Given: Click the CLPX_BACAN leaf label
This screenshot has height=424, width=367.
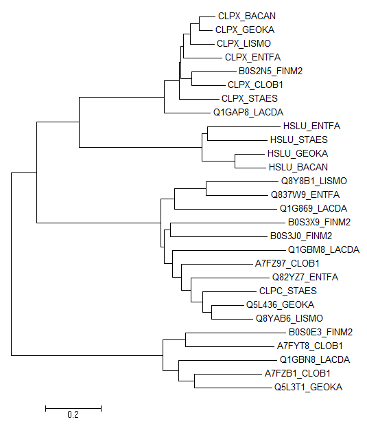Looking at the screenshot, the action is click(247, 16).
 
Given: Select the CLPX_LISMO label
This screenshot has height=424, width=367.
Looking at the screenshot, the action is click(244, 43).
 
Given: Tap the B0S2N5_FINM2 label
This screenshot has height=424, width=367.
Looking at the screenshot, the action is click(270, 71).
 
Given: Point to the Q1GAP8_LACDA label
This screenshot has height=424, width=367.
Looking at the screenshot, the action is click(248, 112).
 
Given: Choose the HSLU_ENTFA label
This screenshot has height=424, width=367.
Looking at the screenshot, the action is click(311, 126).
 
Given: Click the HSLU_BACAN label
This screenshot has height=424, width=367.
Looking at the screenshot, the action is click(298, 167).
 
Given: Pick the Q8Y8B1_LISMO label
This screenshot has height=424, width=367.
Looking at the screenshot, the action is click(314, 181).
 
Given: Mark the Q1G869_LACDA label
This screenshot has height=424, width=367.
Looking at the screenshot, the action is click(313, 208).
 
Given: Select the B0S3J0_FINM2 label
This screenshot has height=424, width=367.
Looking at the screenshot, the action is click(301, 236).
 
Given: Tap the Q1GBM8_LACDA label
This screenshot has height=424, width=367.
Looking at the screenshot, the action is click(324, 249).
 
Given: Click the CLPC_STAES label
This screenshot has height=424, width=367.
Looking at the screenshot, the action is click(287, 291).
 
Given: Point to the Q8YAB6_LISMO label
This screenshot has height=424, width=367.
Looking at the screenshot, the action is click(289, 318).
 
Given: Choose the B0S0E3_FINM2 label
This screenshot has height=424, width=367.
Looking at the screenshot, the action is click(320, 332).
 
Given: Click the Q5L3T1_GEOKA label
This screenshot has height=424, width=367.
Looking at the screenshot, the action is click(308, 387).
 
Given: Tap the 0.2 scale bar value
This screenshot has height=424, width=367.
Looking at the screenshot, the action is click(73, 414).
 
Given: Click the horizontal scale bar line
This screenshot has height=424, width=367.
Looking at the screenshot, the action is click(73, 408).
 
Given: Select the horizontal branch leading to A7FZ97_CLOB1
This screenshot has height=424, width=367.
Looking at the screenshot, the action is click(217, 264).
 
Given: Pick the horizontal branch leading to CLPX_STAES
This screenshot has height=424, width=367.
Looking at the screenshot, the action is click(200, 99).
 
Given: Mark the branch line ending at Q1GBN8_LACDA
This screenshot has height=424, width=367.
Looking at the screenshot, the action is click(228, 360).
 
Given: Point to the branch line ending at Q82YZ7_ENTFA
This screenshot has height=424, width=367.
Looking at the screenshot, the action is click(230, 278).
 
